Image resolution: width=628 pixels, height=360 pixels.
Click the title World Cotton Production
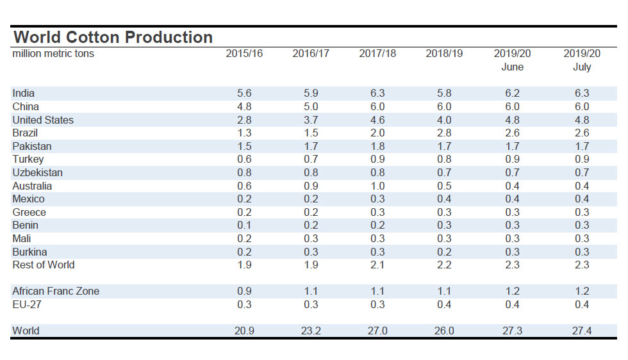coord(113,37)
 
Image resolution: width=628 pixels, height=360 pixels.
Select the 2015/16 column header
coord(244,54)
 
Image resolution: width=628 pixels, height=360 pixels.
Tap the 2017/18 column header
coord(377,54)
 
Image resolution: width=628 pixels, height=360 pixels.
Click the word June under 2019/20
coord(512,67)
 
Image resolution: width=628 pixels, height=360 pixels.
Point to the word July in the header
coord(581,67)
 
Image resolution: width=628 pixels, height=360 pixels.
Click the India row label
coord(24,94)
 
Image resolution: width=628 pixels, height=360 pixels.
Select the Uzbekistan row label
coord(37,172)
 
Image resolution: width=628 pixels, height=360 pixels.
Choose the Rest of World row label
coord(44,265)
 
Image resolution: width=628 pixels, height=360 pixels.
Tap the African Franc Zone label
coord(56,291)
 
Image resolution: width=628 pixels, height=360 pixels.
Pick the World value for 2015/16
coord(244,331)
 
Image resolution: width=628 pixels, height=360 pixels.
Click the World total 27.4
coord(581,331)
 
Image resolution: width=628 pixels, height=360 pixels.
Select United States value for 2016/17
coord(311,120)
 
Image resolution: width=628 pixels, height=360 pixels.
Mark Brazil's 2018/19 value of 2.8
coord(444,133)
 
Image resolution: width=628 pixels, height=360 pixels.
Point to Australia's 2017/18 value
coord(377,186)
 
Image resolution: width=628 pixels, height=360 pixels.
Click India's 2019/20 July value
coord(581,94)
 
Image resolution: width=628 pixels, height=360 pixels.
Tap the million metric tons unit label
coord(53,54)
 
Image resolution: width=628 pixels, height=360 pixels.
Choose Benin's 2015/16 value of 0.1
coord(244,225)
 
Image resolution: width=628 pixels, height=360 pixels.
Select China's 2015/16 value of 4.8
coord(244,107)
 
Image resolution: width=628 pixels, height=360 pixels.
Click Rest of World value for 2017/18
coord(377,265)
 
